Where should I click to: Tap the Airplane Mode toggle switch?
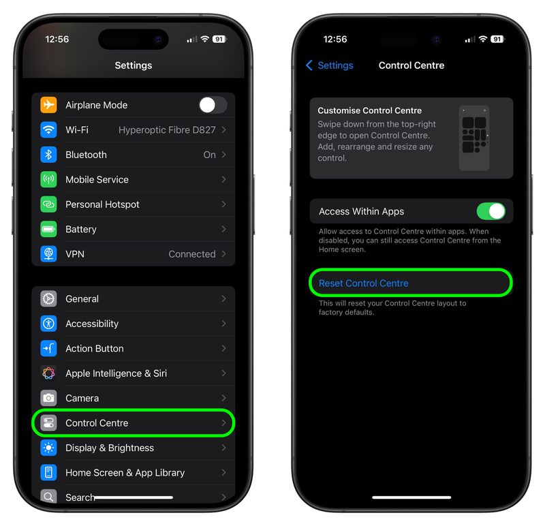tap(213, 105)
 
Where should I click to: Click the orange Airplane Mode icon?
tap(48, 105)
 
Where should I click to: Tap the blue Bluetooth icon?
tap(48, 155)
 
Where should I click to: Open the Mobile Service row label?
tap(97, 179)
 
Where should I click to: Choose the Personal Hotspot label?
tap(102, 204)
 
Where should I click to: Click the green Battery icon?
tap(48, 229)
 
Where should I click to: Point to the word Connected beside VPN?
tap(192, 254)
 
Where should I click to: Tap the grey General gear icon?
tap(48, 298)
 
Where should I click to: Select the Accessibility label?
tap(92, 324)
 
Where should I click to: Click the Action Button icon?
tap(48, 348)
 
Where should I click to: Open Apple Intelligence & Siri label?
tap(116, 373)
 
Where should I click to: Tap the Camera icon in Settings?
tap(48, 398)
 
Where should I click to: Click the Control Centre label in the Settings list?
tap(97, 423)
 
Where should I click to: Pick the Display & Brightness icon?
tap(48, 448)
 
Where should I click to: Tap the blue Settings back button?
tap(330, 65)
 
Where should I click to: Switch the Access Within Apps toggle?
tap(490, 211)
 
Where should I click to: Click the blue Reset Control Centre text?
tap(363, 283)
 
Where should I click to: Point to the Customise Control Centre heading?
tap(369, 110)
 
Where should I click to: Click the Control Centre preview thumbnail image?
tap(474, 138)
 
